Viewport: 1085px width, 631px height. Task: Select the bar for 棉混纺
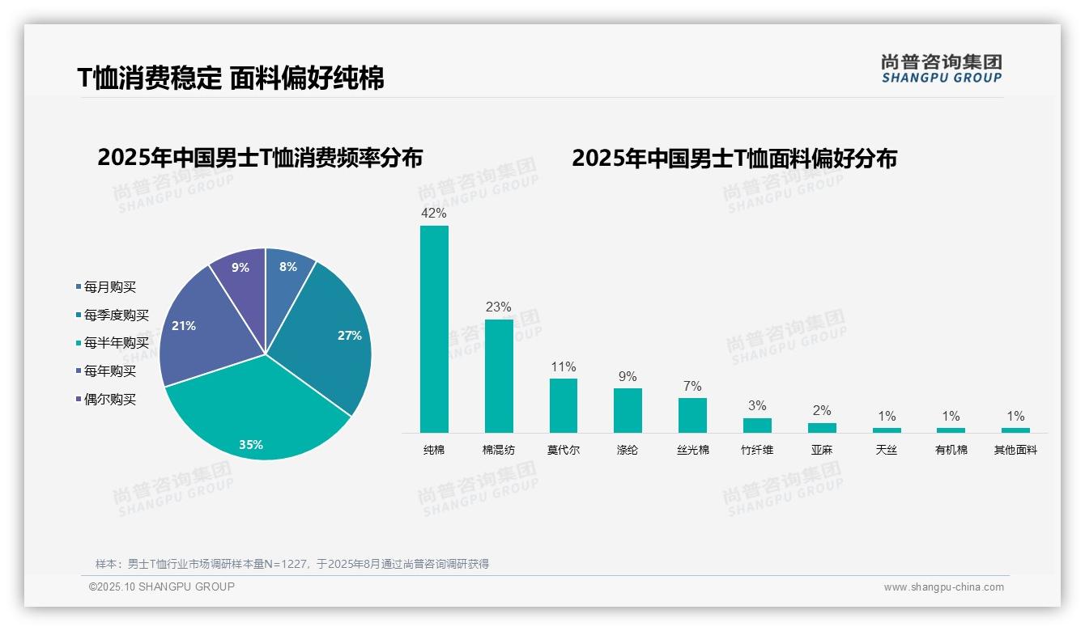(499, 375)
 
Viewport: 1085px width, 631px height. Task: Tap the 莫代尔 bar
(564, 405)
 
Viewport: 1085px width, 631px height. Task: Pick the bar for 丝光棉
(692, 415)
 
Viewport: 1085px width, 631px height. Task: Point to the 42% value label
(434, 214)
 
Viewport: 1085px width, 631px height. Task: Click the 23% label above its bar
(499, 307)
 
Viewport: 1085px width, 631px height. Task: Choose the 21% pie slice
(198, 332)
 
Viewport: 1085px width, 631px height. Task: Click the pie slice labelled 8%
(287, 271)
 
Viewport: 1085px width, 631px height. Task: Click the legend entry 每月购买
(110, 287)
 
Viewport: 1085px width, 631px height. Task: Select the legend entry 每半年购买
(117, 343)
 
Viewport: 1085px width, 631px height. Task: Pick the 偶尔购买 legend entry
(110, 400)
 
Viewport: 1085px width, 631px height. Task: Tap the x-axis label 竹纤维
(757, 450)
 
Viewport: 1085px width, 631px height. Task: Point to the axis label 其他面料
(1015, 450)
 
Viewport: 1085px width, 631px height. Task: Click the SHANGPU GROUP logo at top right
(942, 69)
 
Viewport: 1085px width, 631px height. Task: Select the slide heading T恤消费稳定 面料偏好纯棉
(231, 78)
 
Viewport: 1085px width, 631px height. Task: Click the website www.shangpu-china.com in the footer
(943, 587)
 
